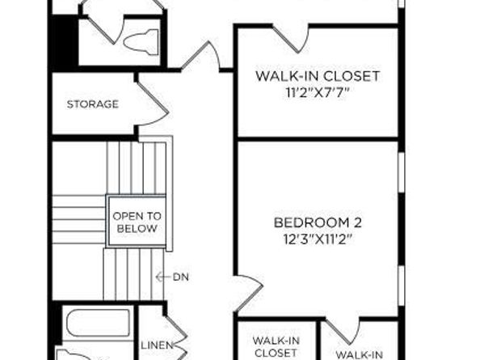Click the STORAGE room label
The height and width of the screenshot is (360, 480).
pyautogui.click(x=92, y=104)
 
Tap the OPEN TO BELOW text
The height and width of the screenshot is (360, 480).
pyautogui.click(x=137, y=222)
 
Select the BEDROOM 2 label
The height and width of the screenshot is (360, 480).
pyautogui.click(x=318, y=222)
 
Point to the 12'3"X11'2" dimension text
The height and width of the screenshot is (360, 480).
pyautogui.click(x=318, y=239)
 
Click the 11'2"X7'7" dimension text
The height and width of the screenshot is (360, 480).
pyautogui.click(x=318, y=92)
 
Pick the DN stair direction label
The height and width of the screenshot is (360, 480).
pyautogui.click(x=181, y=277)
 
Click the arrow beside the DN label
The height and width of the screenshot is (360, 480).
pyautogui.click(x=163, y=277)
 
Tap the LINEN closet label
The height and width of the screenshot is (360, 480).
pyautogui.click(x=157, y=345)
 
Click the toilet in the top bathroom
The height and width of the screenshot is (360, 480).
pyautogui.click(x=141, y=42)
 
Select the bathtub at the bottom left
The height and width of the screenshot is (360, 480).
pyautogui.click(x=98, y=324)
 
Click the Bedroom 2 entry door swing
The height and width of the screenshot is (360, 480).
pyautogui.click(x=249, y=294)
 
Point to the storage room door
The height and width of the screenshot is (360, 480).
pyautogui.click(x=152, y=104)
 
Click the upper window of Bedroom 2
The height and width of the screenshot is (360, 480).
pyautogui.click(x=402, y=172)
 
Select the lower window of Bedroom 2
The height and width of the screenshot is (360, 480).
pyautogui.click(x=402, y=286)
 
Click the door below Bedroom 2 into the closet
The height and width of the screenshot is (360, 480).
pyautogui.click(x=342, y=332)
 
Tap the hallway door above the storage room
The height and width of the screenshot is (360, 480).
pyautogui.click(x=200, y=56)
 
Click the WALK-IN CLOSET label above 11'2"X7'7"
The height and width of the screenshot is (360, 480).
pyautogui.click(x=318, y=76)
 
